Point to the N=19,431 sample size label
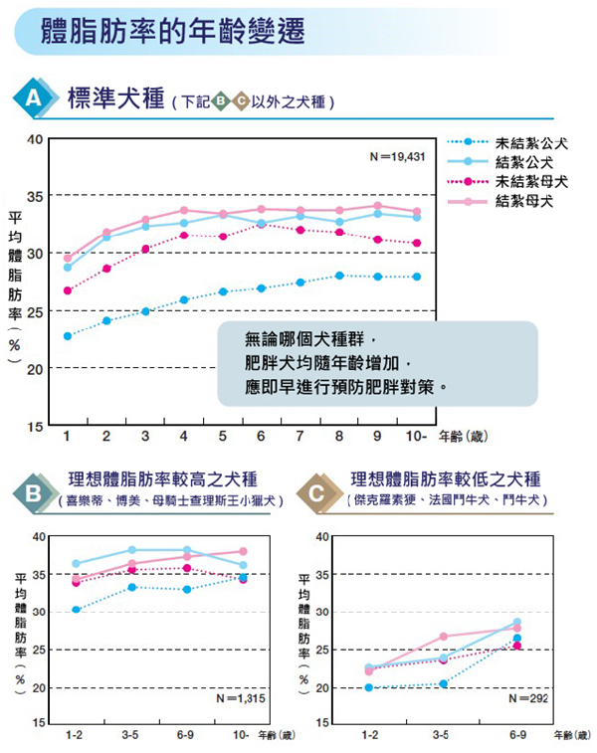397,156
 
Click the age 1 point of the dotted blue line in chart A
68,336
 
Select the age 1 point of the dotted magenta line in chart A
68,290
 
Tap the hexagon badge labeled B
32,491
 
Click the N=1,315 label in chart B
239,698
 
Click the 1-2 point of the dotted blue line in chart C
370,687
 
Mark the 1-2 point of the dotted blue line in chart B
77,610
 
